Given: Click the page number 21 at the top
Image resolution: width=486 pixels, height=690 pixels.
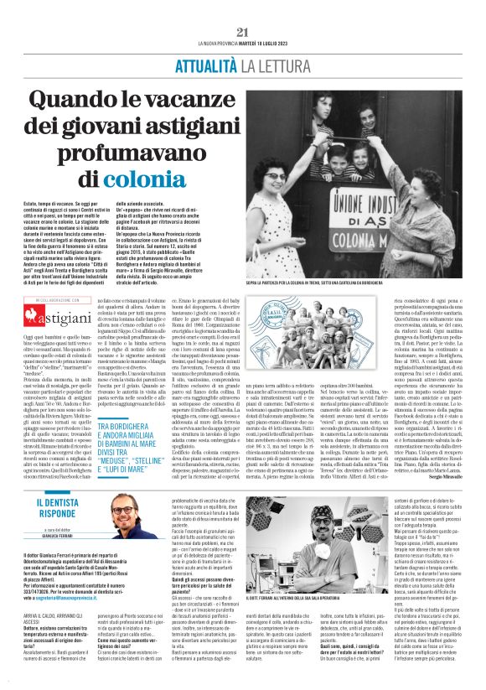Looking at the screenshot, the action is coord(243,32).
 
